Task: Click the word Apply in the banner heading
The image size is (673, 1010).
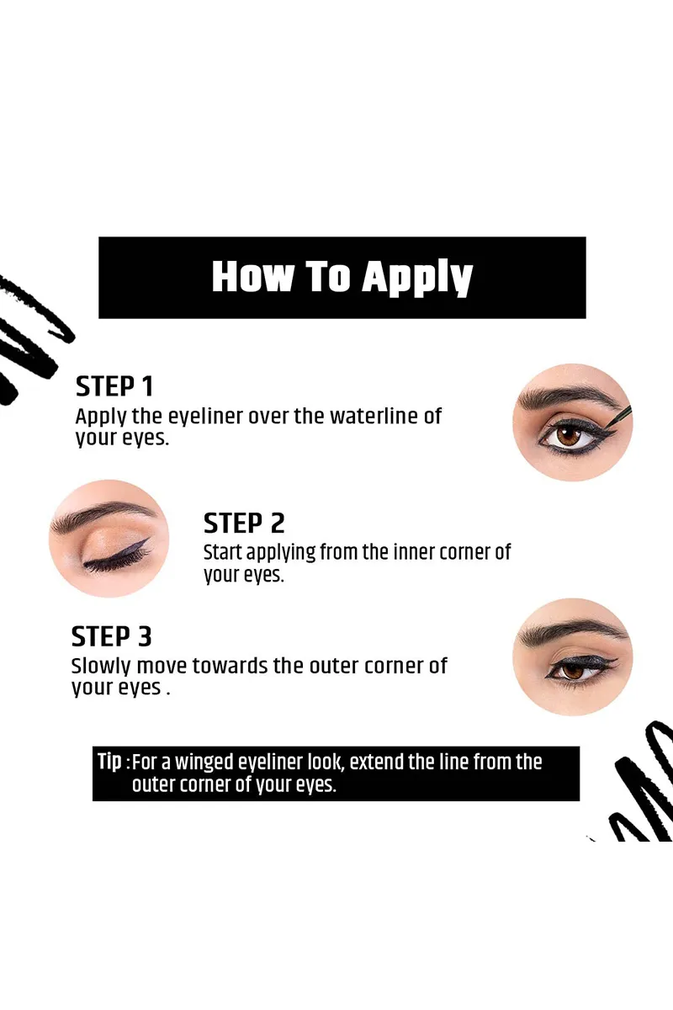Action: [417, 278]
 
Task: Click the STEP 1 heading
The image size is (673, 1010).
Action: [114, 386]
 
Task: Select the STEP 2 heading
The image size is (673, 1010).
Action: [244, 523]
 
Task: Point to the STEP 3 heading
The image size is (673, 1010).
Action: [111, 636]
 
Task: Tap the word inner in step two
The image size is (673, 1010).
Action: [407, 552]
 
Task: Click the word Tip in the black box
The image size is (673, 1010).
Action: [109, 762]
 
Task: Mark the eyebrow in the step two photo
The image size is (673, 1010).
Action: [98, 514]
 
